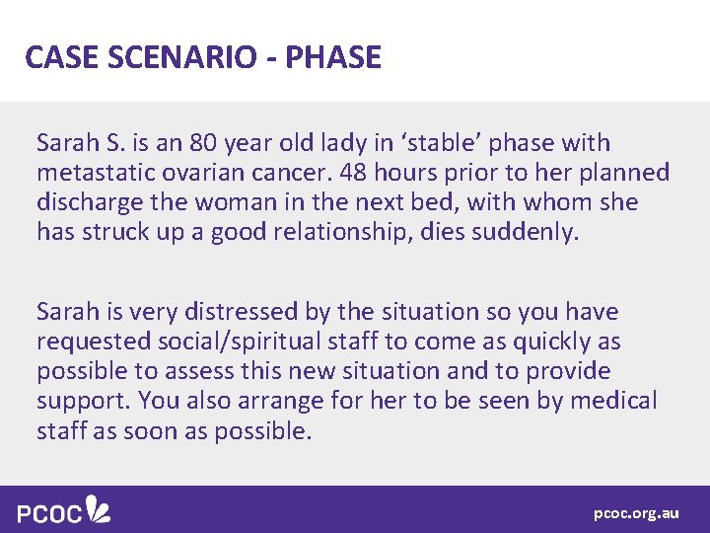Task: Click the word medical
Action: (x=611, y=401)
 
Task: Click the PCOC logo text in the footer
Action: (x=50, y=512)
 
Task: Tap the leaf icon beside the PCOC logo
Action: (x=99, y=508)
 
